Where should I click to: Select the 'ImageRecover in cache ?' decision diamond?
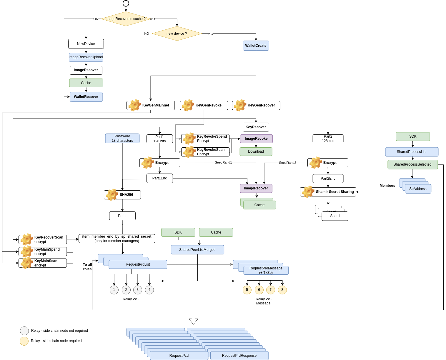(125, 19)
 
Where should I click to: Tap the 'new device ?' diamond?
(177, 34)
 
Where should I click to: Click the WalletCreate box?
(256, 46)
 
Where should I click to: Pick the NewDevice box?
(86, 44)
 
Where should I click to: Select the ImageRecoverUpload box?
(86, 57)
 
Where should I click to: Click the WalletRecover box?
(86, 97)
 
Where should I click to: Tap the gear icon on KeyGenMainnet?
(134, 105)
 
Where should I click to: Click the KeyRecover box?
(256, 127)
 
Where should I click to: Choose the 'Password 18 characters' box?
(122, 138)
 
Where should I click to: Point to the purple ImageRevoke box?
(256, 139)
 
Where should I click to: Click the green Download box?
(256, 151)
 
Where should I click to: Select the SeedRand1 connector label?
(223, 162)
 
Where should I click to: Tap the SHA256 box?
(122, 195)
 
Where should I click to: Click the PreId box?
(122, 216)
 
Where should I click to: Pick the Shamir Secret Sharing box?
(328, 192)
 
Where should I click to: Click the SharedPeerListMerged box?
(197, 250)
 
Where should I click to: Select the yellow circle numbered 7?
(270, 290)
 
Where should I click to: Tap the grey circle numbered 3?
(138, 290)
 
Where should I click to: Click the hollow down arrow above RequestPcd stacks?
(193, 319)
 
